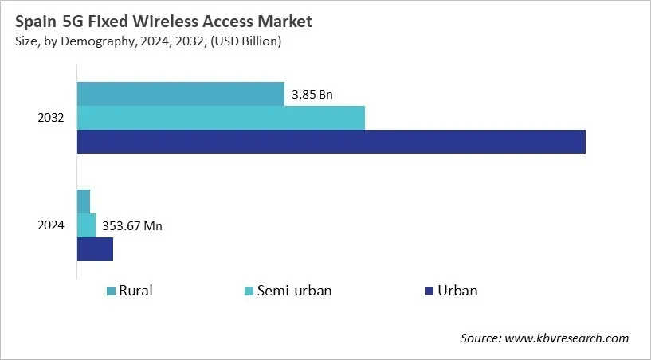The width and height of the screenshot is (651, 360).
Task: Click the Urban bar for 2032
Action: tap(331, 142)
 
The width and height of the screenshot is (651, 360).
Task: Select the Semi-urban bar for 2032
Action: tap(221, 118)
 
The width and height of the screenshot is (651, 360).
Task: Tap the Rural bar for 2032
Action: tap(180, 94)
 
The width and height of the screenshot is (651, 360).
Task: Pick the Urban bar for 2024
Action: tap(95, 249)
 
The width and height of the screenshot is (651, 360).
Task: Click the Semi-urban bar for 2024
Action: tap(86, 225)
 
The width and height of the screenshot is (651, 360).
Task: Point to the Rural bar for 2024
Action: tap(84, 202)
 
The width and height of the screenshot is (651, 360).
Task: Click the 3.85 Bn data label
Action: tap(312, 95)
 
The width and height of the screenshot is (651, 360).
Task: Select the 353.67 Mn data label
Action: tap(132, 226)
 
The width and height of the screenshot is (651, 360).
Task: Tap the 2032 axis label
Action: tap(52, 118)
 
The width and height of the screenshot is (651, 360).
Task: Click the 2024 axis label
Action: tap(52, 225)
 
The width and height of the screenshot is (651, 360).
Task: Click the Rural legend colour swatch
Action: tap(111, 292)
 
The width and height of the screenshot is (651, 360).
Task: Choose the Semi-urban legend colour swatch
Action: tap(249, 292)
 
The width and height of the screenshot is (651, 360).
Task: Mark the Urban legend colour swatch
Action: tap(429, 292)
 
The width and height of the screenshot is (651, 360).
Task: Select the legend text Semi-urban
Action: tap(295, 291)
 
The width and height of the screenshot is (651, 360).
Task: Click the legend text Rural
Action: tap(135, 291)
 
